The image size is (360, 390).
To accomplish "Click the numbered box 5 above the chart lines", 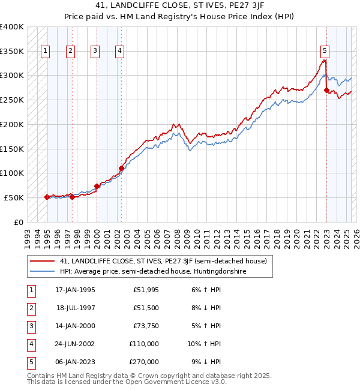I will pyautogui.click(x=325, y=51).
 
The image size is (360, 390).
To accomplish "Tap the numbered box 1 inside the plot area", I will pyautogui.click(x=46, y=51).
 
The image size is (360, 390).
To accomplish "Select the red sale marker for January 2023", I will pyautogui.click(x=326, y=90).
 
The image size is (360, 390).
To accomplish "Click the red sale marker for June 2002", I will pyautogui.click(x=121, y=168).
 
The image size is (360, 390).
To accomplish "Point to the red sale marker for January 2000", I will pyautogui.click(x=97, y=186).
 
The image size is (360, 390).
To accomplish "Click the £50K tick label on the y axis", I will pyautogui.click(x=14, y=197).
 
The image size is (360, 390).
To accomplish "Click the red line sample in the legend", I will pyautogui.click(x=42, y=261).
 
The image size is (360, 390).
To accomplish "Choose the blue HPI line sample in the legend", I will pyautogui.click(x=42, y=271).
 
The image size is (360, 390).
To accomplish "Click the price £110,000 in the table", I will pyautogui.click(x=144, y=344).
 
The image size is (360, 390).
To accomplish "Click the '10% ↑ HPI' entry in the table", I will pyautogui.click(x=204, y=344).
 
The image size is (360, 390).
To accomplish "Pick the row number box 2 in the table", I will pyautogui.click(x=31, y=308).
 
